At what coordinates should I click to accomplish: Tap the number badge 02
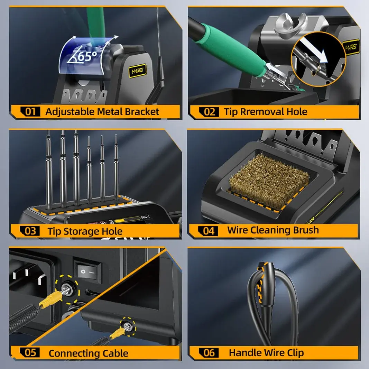point(209,112)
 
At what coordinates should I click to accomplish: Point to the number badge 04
point(209,231)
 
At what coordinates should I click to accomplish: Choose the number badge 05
point(30,353)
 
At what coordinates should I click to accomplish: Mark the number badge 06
point(209,353)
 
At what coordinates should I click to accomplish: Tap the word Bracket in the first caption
point(142,112)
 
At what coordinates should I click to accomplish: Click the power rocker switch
point(87,271)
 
